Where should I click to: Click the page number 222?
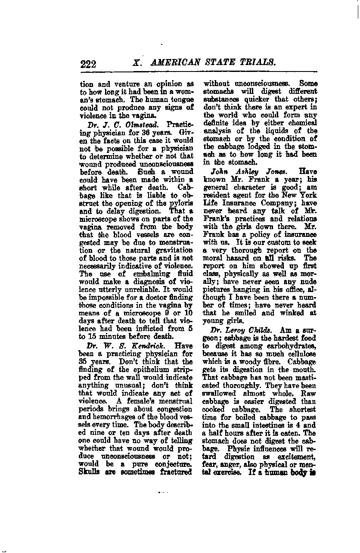88,64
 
